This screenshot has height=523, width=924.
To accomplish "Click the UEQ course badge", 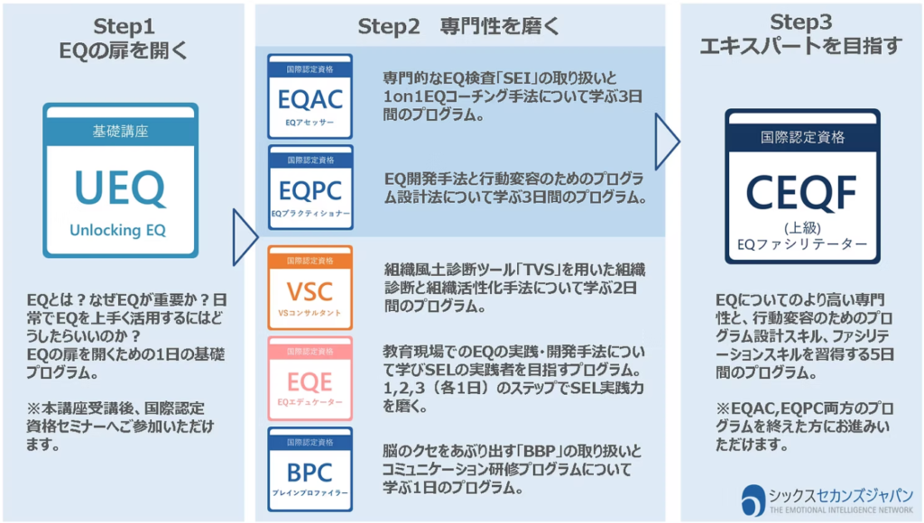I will [x=119, y=180].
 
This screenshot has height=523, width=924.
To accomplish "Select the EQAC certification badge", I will [x=310, y=96].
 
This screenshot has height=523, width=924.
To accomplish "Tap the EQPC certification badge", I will [x=310, y=187].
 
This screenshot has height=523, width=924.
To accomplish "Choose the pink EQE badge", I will [x=310, y=379].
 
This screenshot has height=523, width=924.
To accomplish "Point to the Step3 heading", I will [x=800, y=34].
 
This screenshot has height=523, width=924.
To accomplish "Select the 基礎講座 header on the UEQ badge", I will [x=120, y=131].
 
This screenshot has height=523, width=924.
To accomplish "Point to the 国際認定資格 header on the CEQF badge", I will [x=802, y=137].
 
